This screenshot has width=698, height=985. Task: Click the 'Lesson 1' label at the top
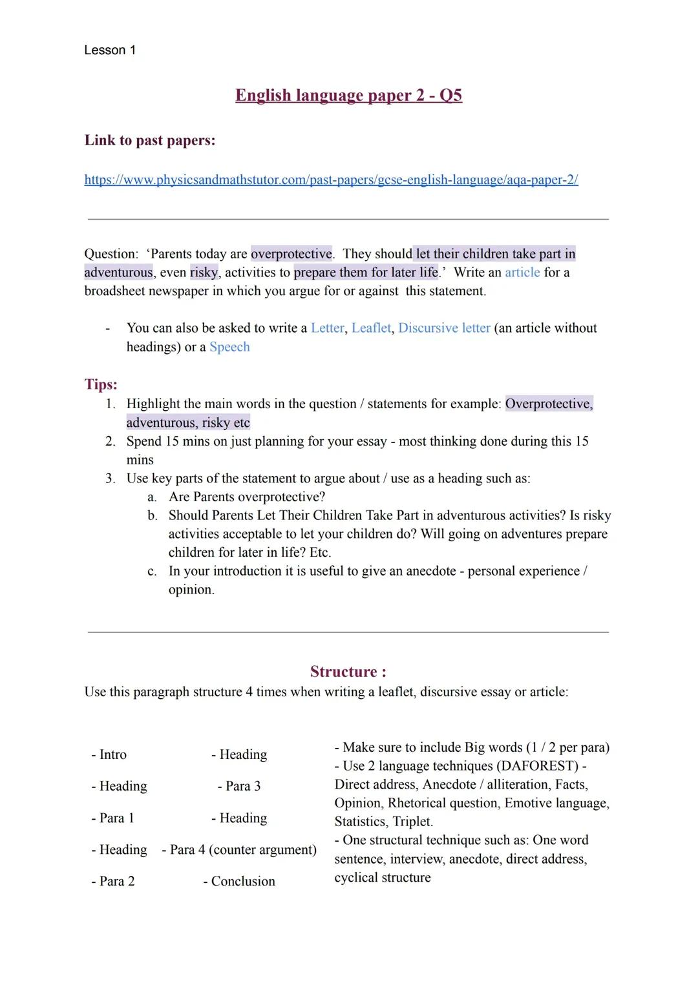pos(110,50)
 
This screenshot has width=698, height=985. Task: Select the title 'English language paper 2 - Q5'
pos(348,96)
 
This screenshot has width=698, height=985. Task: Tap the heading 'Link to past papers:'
pos(149,140)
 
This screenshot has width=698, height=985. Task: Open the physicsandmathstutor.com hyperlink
pos(331,180)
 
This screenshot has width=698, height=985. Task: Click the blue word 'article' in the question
pos(522,273)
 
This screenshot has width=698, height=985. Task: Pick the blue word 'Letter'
pos(327,328)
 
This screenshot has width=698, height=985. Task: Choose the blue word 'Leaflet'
pos(371,328)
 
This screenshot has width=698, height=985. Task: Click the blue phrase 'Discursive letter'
pos(444,328)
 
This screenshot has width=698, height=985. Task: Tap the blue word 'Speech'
pos(229,347)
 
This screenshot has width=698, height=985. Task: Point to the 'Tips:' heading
pos(101,384)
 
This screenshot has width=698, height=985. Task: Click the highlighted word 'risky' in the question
pos(204,273)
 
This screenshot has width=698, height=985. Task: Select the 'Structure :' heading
pos(348,672)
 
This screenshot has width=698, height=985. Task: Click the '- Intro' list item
pos(109,754)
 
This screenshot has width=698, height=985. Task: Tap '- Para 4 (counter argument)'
pos(239,849)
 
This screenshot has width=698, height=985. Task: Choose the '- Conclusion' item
pos(239,881)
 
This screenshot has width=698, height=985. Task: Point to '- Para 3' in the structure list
pos(239,786)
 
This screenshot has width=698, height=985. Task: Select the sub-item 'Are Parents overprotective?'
pos(247,497)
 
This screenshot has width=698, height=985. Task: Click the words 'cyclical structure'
pos(383,878)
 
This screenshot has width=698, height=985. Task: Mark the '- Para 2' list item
pos(113,881)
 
